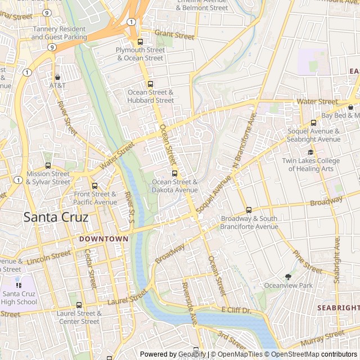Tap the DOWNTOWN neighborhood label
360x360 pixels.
pyautogui.click(x=103, y=239)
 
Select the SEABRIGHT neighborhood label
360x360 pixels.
pyautogui.click(x=337, y=308)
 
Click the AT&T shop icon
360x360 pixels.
pyautogui.click(x=57, y=77)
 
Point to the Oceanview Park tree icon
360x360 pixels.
pyautogui.click(x=289, y=277)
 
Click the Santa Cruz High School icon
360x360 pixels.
pyautogui.click(x=19, y=285)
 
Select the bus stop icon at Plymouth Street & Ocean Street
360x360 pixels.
pyautogui.click(x=140, y=42)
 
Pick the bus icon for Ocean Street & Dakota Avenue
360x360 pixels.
pyautogui.click(x=174, y=173)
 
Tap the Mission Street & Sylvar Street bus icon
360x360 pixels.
pyautogui.click(x=48, y=166)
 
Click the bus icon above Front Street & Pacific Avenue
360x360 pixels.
pyautogui.click(x=94, y=186)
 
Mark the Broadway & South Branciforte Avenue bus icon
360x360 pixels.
pyautogui.click(x=249, y=210)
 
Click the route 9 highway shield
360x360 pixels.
pyautogui.click(x=52, y=48)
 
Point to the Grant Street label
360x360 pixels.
pyautogui.click(x=174, y=35)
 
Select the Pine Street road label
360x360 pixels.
pyautogui.click(x=307, y=263)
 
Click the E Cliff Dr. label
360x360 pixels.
pyautogui.click(x=235, y=310)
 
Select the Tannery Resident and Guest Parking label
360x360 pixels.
pyautogui.click(x=59, y=33)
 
